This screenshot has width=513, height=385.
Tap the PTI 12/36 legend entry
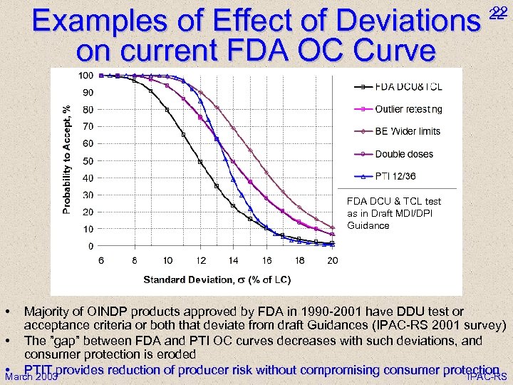pos(395,177)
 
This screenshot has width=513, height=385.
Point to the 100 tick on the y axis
pos(85,76)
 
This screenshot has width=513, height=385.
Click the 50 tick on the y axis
pos(88,160)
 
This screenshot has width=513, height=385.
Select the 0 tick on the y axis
pos(90,246)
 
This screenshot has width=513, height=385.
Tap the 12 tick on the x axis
pos(201,261)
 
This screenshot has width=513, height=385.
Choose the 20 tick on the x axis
pos(332,261)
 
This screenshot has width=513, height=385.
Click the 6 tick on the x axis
pos(102,261)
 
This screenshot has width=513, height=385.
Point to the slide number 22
pos(498,11)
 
